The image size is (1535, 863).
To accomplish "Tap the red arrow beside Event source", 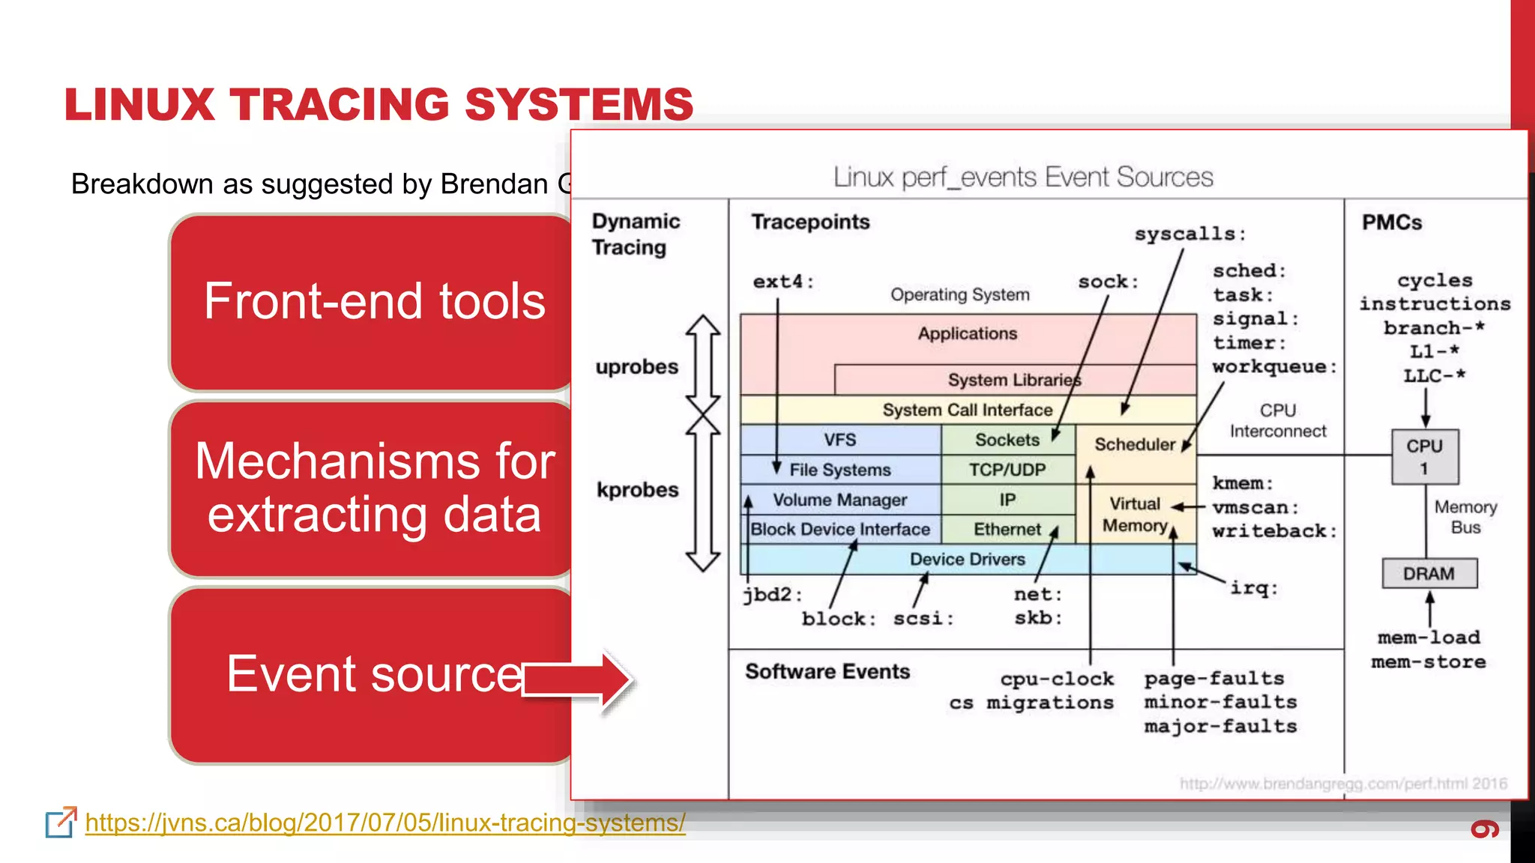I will click(577, 680).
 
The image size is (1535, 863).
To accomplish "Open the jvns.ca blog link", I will click(385, 823).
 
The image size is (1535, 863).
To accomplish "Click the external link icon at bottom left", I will click(61, 823).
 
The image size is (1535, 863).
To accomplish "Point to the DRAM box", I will click(1429, 574).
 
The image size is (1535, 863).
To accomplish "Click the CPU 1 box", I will click(1424, 456).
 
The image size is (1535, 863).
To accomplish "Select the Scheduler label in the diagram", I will click(1134, 444).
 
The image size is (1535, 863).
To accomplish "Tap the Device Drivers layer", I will click(967, 559).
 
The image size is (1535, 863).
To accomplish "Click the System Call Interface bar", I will click(967, 410).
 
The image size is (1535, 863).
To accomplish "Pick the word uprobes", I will click(636, 367).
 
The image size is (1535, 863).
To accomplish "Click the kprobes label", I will click(637, 490).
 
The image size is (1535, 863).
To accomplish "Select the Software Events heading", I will click(827, 671).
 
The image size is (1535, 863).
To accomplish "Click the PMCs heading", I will click(1391, 222).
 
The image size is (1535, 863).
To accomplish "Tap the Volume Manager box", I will click(839, 500).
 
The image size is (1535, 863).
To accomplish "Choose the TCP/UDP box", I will click(1007, 470).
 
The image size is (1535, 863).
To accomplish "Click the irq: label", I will click(1253, 588).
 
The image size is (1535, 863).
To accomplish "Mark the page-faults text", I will click(1213, 679).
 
